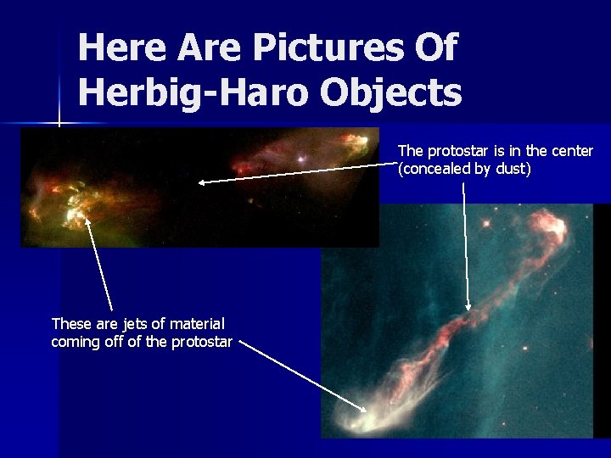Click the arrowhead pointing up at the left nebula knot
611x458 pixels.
(87, 219)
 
